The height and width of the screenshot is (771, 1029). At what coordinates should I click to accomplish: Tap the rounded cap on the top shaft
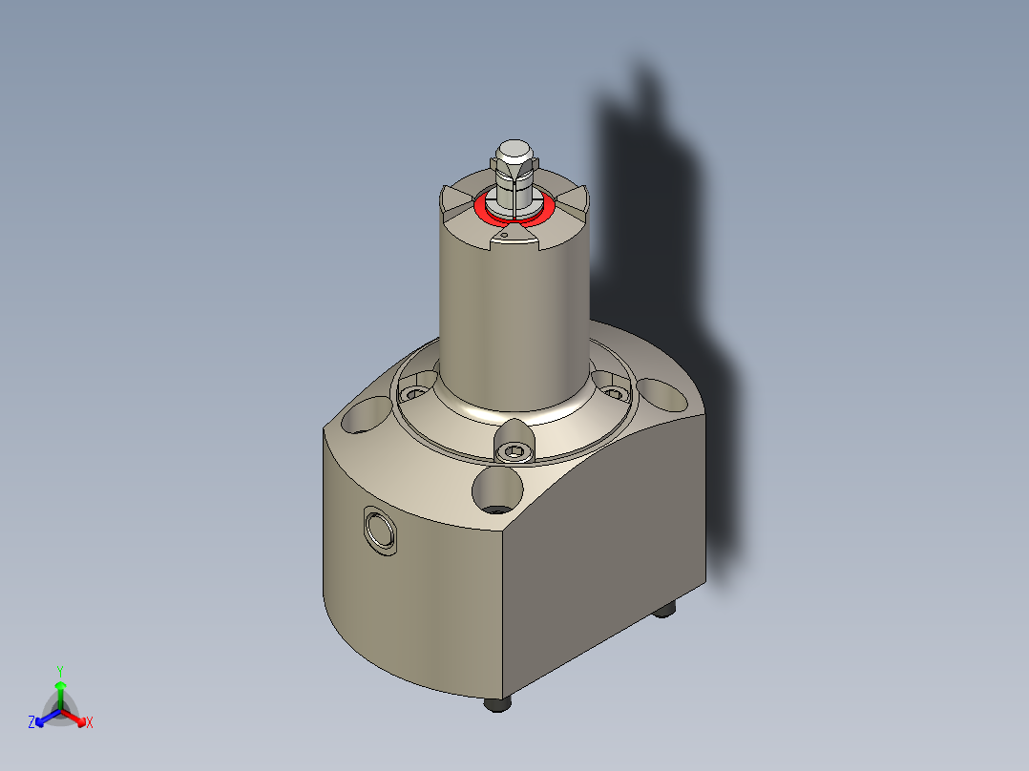[514, 150]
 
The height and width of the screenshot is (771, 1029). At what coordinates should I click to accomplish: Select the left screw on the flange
[412, 392]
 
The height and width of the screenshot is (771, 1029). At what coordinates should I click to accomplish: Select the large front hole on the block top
[497, 490]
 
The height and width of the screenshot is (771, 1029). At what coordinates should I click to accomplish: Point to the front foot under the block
[495, 704]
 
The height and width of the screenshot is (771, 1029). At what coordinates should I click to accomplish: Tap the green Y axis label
[59, 670]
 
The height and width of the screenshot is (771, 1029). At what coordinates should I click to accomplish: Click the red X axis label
[90, 723]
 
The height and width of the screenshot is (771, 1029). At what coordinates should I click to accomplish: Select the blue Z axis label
[31, 722]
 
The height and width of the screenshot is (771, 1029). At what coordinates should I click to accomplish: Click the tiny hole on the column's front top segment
[503, 234]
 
